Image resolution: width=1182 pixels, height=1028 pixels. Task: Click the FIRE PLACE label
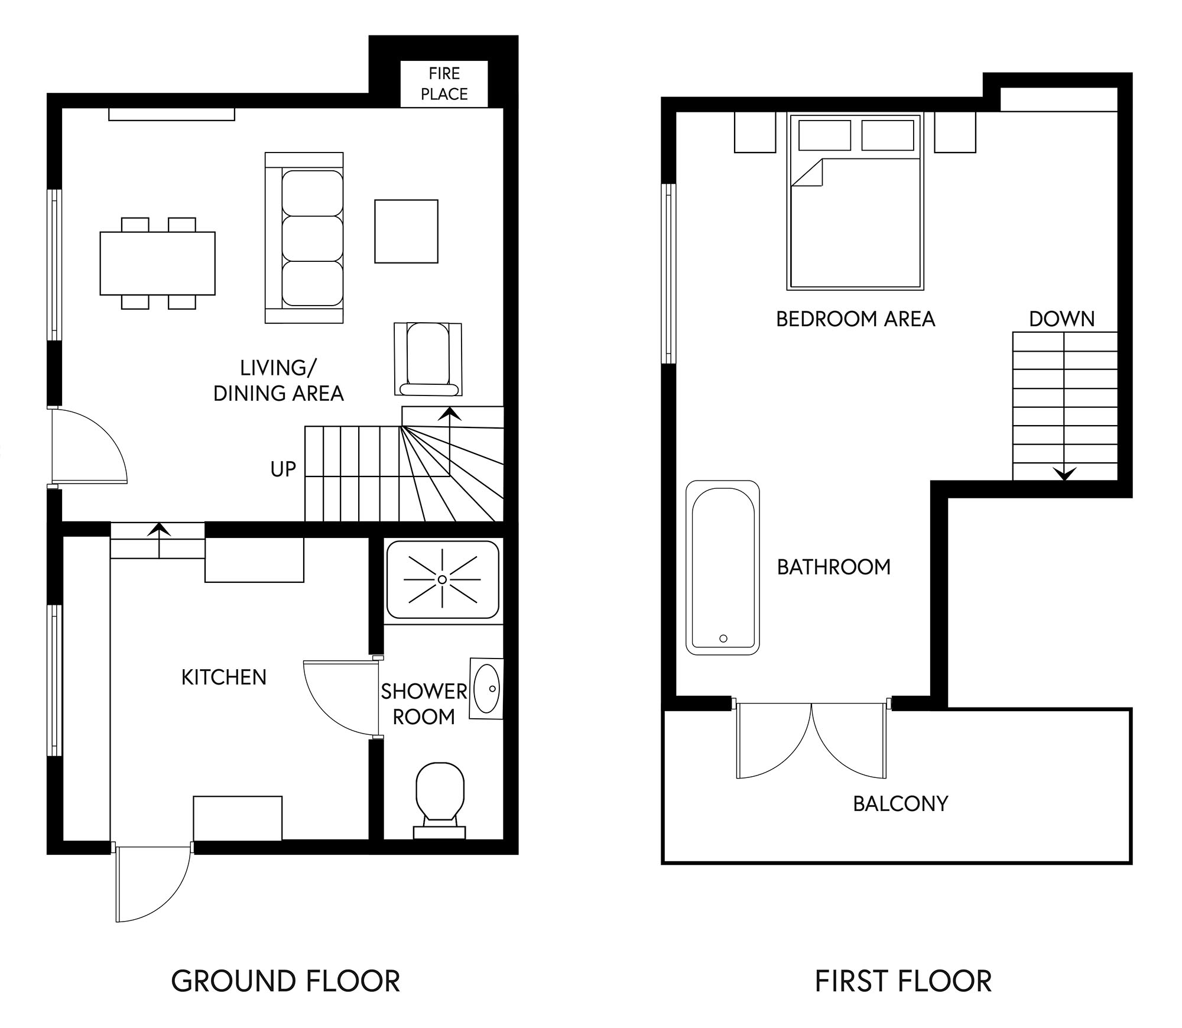tap(444, 84)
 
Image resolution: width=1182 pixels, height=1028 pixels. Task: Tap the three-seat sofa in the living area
tap(304, 238)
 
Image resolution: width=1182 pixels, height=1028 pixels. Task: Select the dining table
tap(157, 263)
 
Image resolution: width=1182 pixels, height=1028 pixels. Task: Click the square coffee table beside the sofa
tap(406, 231)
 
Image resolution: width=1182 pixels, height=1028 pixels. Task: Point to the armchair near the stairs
tap(428, 359)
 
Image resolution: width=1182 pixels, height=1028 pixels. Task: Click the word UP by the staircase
tap(283, 469)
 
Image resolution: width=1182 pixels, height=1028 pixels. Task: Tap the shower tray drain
tap(442, 579)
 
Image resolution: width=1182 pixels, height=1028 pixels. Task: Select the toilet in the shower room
tap(439, 800)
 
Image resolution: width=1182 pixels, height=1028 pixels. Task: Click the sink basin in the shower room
tap(487, 688)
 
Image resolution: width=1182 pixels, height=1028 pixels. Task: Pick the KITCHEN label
tap(224, 677)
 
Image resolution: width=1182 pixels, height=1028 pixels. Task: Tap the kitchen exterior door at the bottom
tap(155, 883)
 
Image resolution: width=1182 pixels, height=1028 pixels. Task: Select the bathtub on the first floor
tap(723, 567)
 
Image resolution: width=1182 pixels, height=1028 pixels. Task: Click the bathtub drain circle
tap(723, 638)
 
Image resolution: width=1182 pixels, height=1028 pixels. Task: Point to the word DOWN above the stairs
tap(1062, 319)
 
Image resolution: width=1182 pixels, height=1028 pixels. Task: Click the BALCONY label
tap(901, 803)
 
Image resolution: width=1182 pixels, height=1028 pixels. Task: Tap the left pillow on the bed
tap(824, 135)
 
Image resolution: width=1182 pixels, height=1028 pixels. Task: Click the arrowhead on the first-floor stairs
tap(1064, 474)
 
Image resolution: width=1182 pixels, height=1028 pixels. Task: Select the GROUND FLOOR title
tap(285, 981)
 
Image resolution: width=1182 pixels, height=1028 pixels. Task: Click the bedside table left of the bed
tap(755, 132)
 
